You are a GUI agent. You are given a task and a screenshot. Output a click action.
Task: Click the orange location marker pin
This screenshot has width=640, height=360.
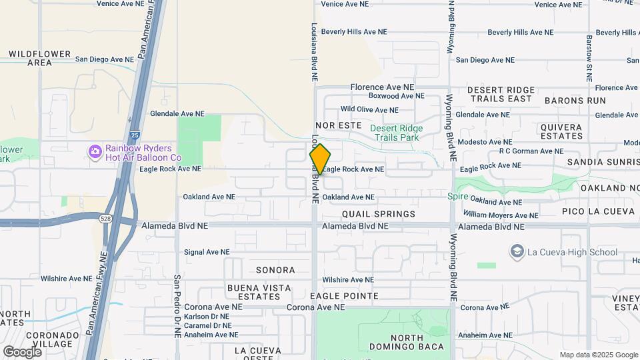pos(320,159)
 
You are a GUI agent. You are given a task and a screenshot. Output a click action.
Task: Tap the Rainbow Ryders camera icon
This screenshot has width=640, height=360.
pos(95,153)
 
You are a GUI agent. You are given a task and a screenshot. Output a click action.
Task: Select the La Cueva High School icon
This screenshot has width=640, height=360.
pos(517,251)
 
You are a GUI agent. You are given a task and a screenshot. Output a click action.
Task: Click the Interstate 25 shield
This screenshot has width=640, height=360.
pos(135,135)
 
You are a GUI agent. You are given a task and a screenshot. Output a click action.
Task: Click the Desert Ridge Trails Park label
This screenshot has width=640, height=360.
pos(396,133)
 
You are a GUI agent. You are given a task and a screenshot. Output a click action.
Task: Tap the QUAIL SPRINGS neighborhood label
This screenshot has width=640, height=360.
pos(379,214)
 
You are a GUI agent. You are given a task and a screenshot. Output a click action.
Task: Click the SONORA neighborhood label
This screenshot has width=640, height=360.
pos(275,270)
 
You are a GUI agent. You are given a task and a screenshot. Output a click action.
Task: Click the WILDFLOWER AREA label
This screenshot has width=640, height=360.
pos(39,58)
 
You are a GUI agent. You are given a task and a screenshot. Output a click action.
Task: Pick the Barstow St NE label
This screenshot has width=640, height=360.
pos(589,58)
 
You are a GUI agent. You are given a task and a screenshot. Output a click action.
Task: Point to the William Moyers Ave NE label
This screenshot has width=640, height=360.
pos(501,215)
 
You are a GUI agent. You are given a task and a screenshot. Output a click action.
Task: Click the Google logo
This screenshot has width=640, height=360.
pos(22,351)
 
